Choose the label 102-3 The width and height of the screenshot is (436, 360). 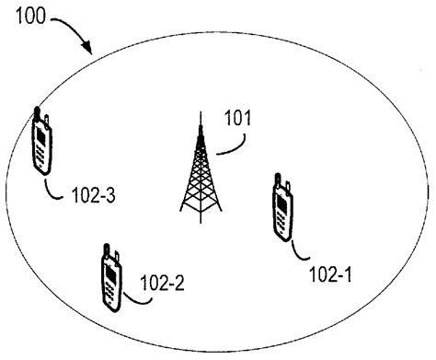pyautogui.click(x=92, y=195)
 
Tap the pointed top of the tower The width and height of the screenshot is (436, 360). pyautogui.click(x=200, y=115)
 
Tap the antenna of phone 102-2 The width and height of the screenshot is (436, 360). pyautogui.click(x=106, y=249)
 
